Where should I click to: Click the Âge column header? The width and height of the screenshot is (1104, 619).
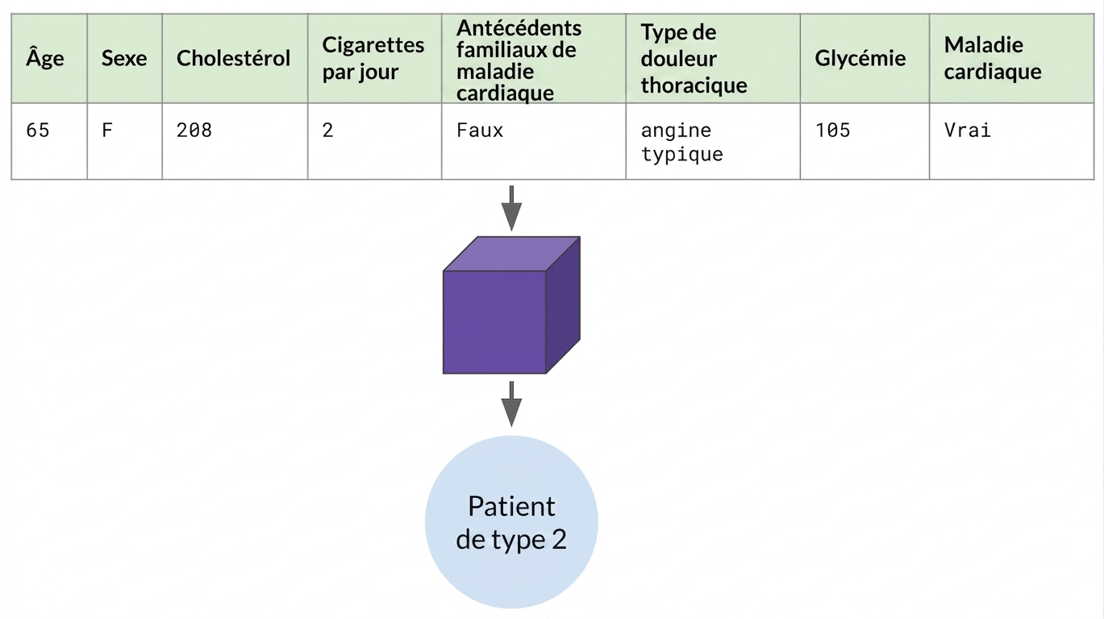[45, 58]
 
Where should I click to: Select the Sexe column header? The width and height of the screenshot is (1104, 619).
[124, 58]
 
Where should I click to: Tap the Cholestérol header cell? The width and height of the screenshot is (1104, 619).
[233, 57]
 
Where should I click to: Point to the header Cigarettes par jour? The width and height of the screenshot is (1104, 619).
[373, 58]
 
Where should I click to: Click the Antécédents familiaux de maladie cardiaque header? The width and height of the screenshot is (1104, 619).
[519, 60]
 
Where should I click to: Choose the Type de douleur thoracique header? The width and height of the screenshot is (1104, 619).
[694, 58]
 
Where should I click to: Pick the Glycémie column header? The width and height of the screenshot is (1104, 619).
[860, 59]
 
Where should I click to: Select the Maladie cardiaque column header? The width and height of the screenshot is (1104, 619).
[993, 58]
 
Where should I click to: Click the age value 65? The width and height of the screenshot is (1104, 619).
[38, 130]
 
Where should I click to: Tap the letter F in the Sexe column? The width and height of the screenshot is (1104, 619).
[107, 130]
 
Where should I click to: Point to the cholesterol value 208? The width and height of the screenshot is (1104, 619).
[194, 130]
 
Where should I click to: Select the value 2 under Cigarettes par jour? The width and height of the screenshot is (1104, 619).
[327, 130]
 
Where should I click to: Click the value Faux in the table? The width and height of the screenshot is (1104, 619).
[480, 130]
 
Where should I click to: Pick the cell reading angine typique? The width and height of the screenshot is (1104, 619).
[682, 142]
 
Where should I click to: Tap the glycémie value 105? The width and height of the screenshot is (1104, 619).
[832, 130]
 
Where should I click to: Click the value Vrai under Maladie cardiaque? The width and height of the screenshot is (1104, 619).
[968, 130]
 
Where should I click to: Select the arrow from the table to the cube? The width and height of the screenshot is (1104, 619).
[511, 208]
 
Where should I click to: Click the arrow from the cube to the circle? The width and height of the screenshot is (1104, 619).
[511, 403]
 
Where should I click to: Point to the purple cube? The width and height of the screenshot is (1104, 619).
[511, 305]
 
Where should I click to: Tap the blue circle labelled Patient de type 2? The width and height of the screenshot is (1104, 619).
[511, 522]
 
